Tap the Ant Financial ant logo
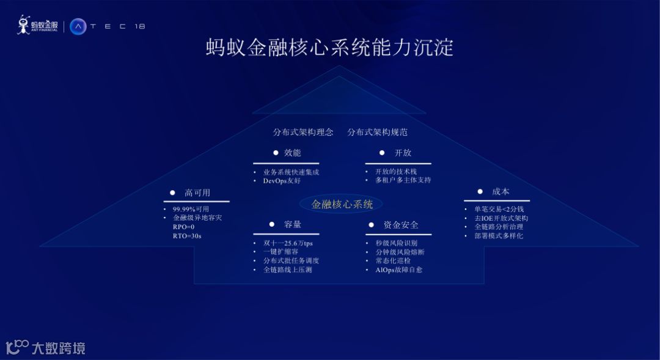pos(24,25)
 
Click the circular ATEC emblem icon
pos(78,26)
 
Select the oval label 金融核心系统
pos(342,204)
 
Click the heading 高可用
pos(197,193)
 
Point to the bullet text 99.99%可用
pos(191,209)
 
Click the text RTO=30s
pos(187,235)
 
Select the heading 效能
pos(293,153)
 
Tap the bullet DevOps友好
pos(282,181)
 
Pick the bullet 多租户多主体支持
pos(403,180)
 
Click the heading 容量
pos(293,224)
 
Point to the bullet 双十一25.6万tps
pos(288,243)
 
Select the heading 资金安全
pos(401,225)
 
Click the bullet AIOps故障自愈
pos(398,270)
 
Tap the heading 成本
pos(501,192)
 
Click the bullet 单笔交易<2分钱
pos(499,209)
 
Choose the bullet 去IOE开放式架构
pos(501,218)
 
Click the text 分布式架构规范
pos(377,132)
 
